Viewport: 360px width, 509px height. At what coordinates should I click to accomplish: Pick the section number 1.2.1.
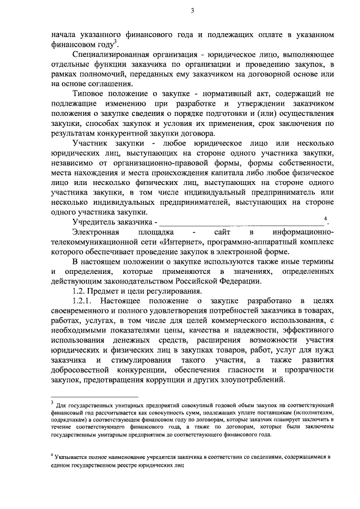pyautogui.click(x=87, y=302)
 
